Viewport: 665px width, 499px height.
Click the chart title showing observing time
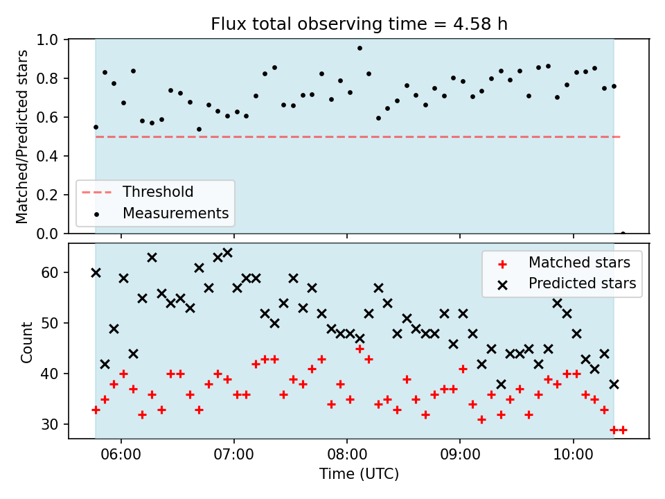point(360,24)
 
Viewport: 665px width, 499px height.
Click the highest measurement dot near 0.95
point(360,49)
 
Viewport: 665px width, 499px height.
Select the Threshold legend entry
point(137,192)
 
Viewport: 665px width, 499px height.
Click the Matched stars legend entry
point(564,263)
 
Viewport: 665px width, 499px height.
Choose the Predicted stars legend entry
point(567,283)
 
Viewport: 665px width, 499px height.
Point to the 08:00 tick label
point(347,455)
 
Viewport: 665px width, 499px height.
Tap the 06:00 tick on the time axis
point(121,455)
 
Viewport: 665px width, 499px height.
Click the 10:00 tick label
point(574,455)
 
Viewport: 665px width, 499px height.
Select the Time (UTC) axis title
point(360,474)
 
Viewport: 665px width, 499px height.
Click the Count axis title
point(26,342)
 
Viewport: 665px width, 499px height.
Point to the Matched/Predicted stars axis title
point(21,137)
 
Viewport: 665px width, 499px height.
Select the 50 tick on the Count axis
point(50,324)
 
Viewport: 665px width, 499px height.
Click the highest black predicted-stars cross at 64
point(227,253)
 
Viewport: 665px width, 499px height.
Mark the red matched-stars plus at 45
point(360,349)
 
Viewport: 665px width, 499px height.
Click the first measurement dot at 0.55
point(96,128)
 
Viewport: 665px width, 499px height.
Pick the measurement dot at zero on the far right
point(623,234)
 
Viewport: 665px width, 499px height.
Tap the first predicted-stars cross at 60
point(96,273)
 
